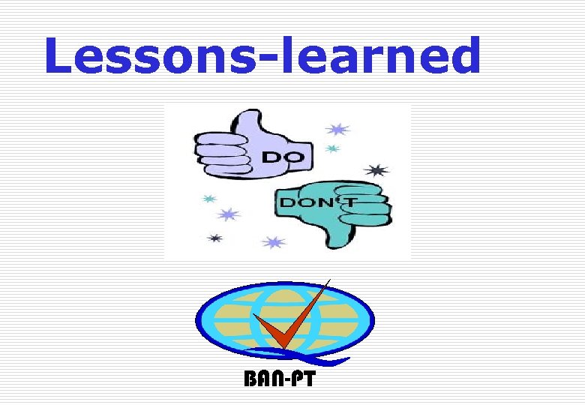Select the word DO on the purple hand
283,157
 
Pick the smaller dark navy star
215,238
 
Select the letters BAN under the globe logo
262,379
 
